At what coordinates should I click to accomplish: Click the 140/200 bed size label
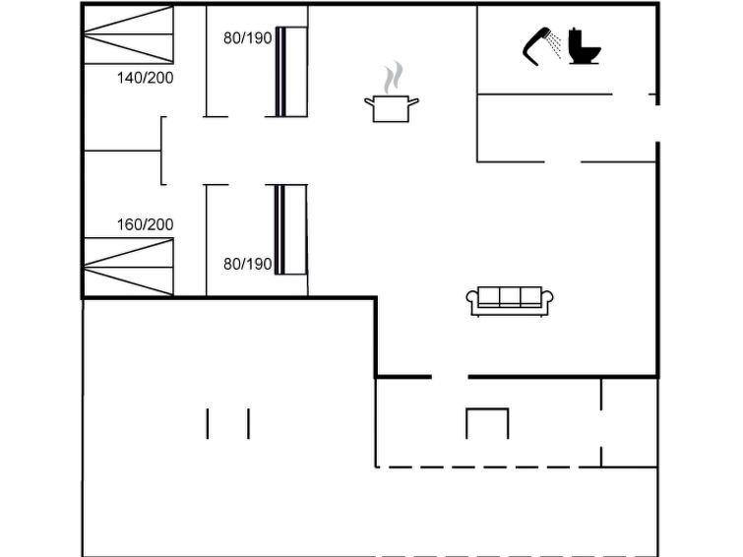click(145, 78)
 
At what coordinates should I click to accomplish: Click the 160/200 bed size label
click(145, 224)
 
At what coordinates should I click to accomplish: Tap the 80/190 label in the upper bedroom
click(247, 38)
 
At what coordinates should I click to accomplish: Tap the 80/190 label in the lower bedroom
click(247, 264)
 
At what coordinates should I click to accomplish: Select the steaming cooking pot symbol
click(392, 92)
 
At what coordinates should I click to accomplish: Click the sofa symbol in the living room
click(510, 301)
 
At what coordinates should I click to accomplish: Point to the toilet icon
click(585, 46)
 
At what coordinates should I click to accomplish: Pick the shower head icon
click(536, 46)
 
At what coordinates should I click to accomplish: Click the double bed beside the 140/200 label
click(129, 34)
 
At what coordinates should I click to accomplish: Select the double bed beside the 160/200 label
click(129, 267)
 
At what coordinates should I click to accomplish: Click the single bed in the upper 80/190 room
click(291, 72)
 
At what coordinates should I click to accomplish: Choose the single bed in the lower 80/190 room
click(291, 230)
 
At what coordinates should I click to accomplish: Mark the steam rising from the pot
click(394, 78)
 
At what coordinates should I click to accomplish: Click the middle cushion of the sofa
click(510, 297)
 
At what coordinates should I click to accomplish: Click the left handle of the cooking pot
click(369, 101)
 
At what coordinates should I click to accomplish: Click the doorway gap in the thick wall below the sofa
click(450, 377)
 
